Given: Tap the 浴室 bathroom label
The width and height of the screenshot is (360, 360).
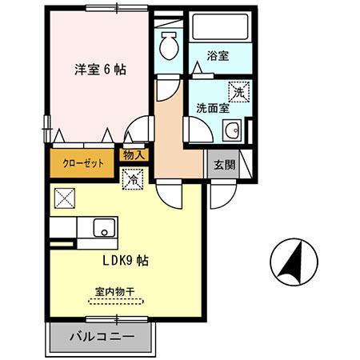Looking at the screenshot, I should pyautogui.click(x=218, y=56).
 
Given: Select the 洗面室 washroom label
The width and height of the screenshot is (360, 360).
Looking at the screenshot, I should pyautogui.click(x=213, y=109).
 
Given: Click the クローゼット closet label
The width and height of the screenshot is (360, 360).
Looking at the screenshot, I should pyautogui.click(x=78, y=163).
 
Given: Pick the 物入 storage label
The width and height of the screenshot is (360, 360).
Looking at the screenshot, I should pyautogui.click(x=134, y=155).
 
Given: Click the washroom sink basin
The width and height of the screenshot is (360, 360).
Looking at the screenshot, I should pyautogui.click(x=232, y=131).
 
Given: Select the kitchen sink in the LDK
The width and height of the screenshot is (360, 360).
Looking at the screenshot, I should pyautogui.click(x=105, y=228).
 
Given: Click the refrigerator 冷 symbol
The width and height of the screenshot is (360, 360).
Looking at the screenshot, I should pyautogui.click(x=131, y=180).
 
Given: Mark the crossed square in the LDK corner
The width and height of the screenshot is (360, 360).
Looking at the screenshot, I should pyautogui.click(x=63, y=197).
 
